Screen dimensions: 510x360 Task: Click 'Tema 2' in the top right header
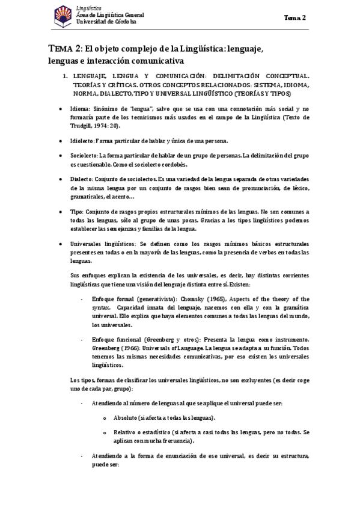[295, 18]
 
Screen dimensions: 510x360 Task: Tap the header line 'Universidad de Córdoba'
[106, 21]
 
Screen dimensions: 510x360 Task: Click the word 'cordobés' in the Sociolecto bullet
[174, 164]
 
